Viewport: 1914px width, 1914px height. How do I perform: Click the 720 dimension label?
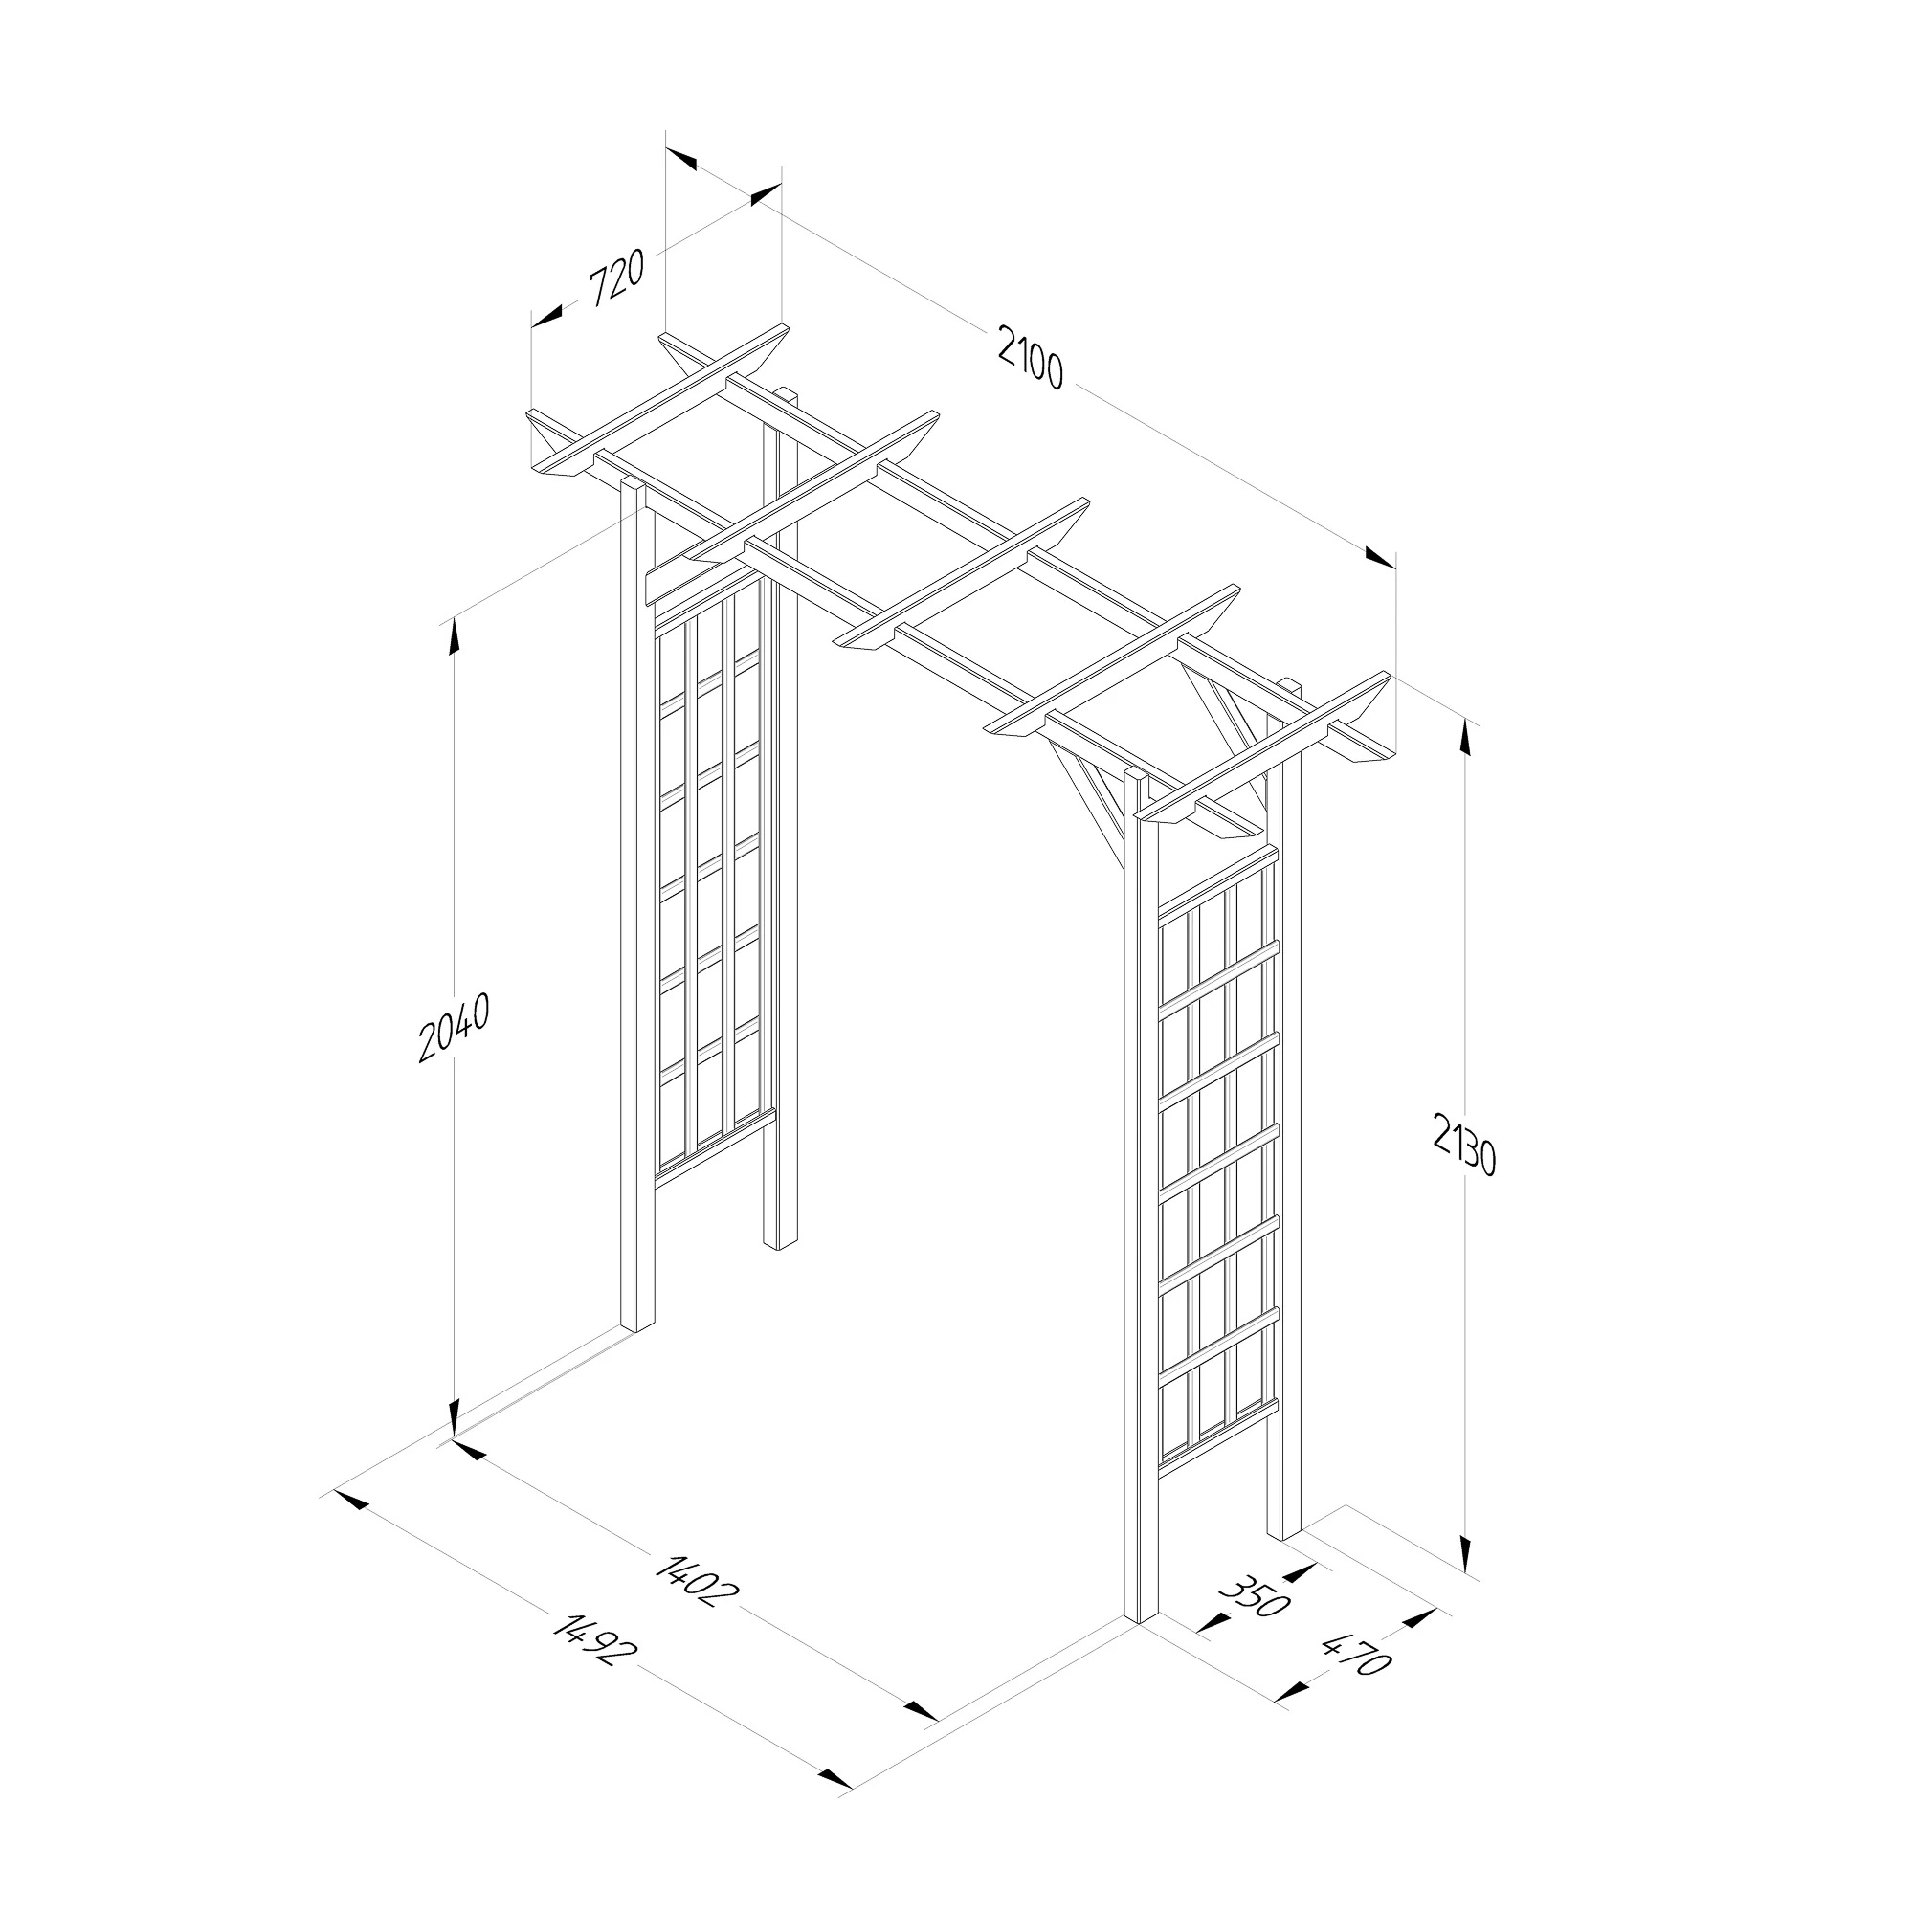pos(617,278)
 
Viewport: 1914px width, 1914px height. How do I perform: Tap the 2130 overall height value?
pos(1463,1144)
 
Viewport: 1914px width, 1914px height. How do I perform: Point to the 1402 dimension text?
pos(698,1582)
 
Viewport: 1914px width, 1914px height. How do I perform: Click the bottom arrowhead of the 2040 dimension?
pos(455,1418)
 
